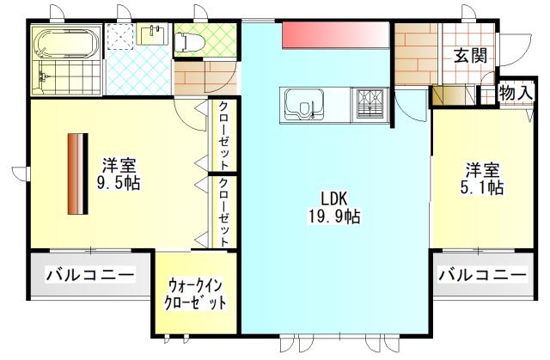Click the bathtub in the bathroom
[x=58, y=43]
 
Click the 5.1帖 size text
[x=486, y=188]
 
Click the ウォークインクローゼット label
[x=197, y=292]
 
